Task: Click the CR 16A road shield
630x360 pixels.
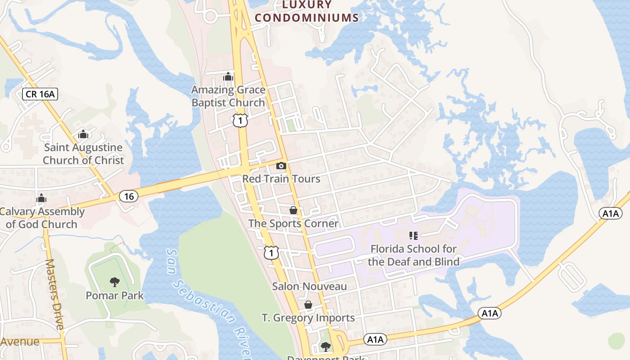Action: click(x=40, y=94)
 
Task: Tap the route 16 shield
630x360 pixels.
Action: click(x=129, y=196)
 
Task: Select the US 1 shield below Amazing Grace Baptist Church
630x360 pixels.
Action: click(x=240, y=120)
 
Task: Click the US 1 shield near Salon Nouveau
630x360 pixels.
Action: click(x=271, y=253)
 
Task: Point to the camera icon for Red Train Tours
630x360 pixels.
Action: click(x=281, y=166)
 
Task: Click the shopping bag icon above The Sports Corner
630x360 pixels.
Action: click(x=293, y=210)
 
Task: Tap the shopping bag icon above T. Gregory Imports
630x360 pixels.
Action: click(x=308, y=305)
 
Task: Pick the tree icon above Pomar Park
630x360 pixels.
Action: click(x=115, y=282)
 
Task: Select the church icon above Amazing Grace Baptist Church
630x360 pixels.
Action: click(x=228, y=76)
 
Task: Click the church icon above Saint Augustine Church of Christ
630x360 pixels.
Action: click(x=83, y=134)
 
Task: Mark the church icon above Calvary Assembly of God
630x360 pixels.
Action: click(x=41, y=198)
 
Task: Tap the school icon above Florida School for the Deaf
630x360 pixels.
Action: click(x=414, y=235)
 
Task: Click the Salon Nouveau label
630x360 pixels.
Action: click(x=310, y=286)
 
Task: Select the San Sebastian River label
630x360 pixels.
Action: click(x=207, y=301)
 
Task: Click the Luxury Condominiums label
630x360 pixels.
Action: click(x=307, y=12)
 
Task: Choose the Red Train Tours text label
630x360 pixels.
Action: click(x=281, y=179)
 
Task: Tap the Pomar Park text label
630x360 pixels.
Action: click(x=115, y=296)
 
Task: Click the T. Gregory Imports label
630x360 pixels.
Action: click(x=308, y=318)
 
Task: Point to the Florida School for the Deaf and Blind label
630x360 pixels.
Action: click(x=414, y=255)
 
